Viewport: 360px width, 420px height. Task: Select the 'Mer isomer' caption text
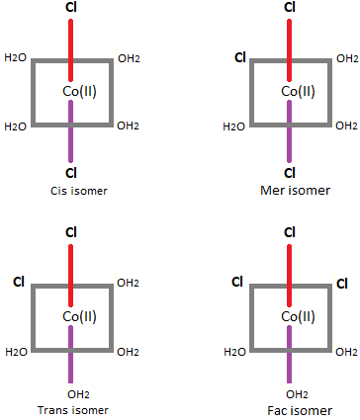289,190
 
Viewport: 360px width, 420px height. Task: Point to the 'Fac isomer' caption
289,409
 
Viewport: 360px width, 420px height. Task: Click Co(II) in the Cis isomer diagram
70,92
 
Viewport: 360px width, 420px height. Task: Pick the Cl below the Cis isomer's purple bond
70,174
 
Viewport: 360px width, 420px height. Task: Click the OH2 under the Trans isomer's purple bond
70,394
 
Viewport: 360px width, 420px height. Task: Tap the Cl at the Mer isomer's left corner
238,56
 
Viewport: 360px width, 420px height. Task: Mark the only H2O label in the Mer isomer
233,126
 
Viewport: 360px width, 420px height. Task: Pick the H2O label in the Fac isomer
233,351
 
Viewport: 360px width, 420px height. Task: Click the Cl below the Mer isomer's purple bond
289,174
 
